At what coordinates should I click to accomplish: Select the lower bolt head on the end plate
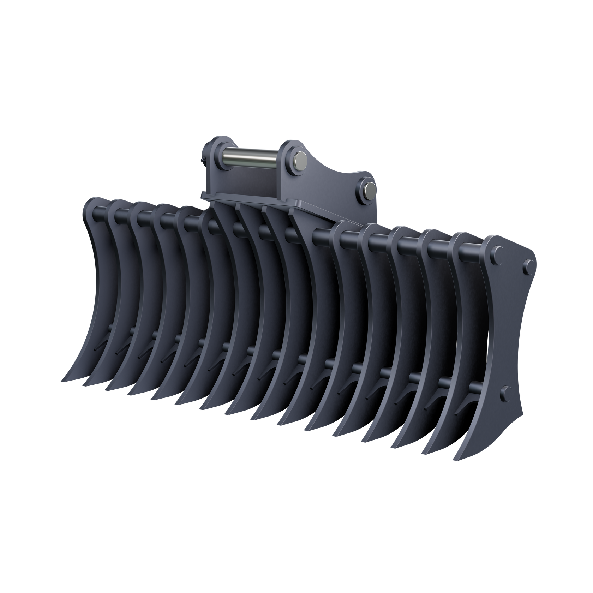506,392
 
